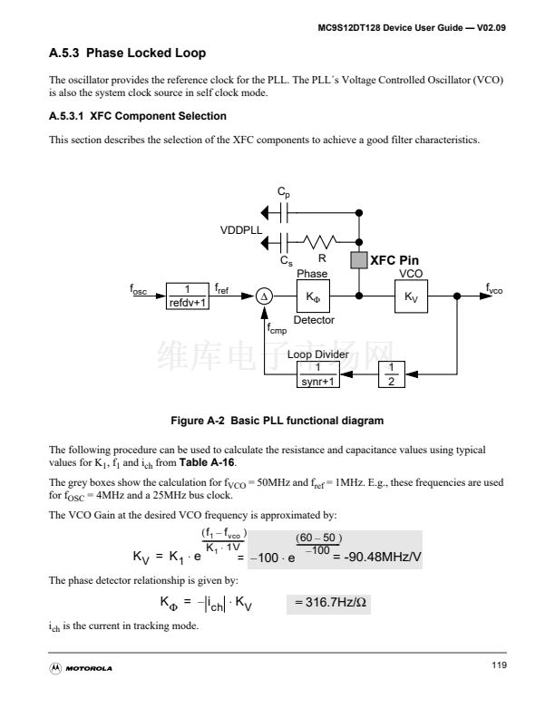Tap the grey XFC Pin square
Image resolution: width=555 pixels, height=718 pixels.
[x=358, y=261]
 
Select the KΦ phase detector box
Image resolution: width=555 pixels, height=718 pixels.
[x=313, y=296]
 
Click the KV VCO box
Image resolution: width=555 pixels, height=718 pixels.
[x=411, y=296]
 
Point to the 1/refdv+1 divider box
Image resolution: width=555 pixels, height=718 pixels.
[x=188, y=296]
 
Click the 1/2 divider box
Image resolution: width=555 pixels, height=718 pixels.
[x=390, y=374]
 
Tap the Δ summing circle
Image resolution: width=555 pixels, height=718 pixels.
[x=263, y=296]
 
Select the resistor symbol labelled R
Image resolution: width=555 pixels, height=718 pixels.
[x=322, y=241]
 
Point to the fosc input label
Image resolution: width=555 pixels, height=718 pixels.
[x=138, y=291]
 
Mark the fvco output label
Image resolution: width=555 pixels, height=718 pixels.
[x=493, y=290]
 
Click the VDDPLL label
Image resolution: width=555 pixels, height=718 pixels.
[x=241, y=230]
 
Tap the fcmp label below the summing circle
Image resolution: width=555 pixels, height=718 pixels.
[x=277, y=330]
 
